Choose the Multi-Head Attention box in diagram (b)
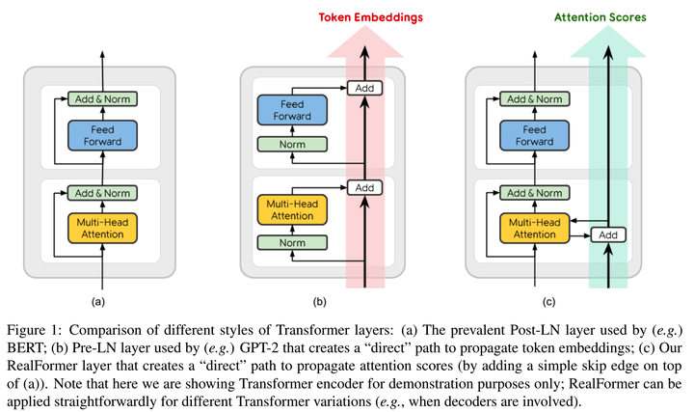pyautogui.click(x=290, y=210)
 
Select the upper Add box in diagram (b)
pyautogui.click(x=364, y=88)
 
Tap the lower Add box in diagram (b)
pyautogui.click(x=364, y=187)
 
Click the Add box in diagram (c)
pyautogui.click(x=607, y=234)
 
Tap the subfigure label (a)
pyautogui.click(x=97, y=302)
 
